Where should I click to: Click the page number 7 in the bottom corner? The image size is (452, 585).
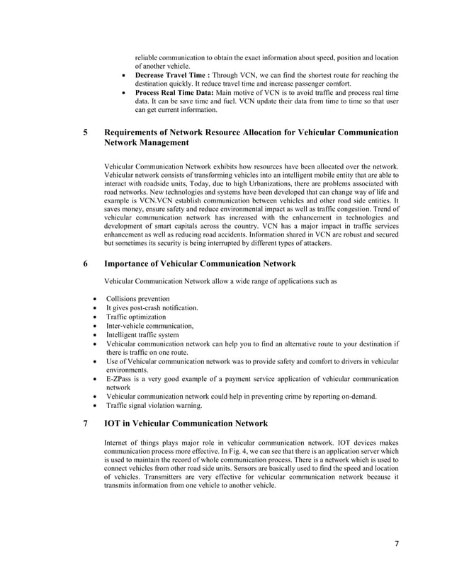(397, 543)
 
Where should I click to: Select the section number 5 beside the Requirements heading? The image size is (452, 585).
(86, 132)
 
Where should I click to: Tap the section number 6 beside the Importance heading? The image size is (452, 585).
(86, 264)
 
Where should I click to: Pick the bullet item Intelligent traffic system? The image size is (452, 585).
(142, 335)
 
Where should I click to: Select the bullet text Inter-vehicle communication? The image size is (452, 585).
(149, 326)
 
